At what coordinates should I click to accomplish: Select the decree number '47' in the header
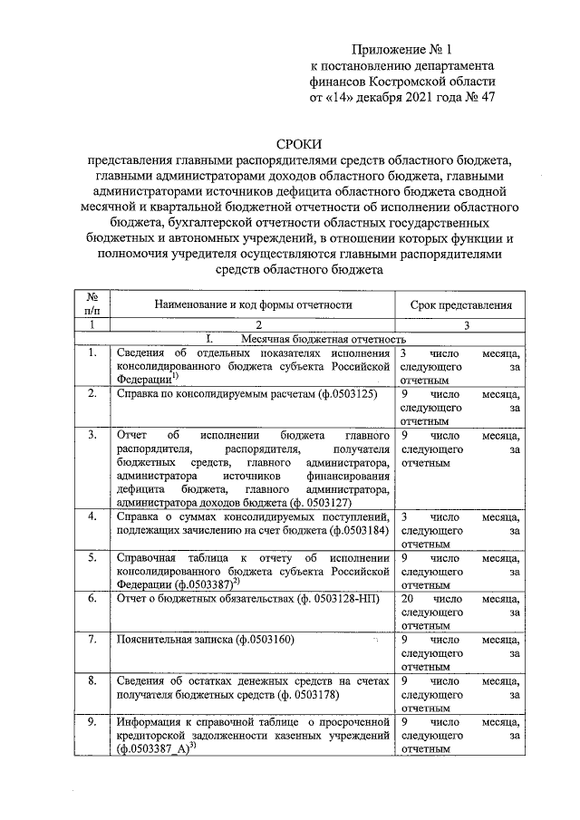(485, 95)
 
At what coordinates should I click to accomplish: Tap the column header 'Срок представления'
(460, 305)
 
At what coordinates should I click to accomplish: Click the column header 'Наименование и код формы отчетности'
(254, 305)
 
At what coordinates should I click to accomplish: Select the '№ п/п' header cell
(92, 304)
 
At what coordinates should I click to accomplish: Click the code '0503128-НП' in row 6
(349, 600)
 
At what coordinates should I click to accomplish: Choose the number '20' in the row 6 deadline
(408, 600)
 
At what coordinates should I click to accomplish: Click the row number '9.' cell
(92, 722)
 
